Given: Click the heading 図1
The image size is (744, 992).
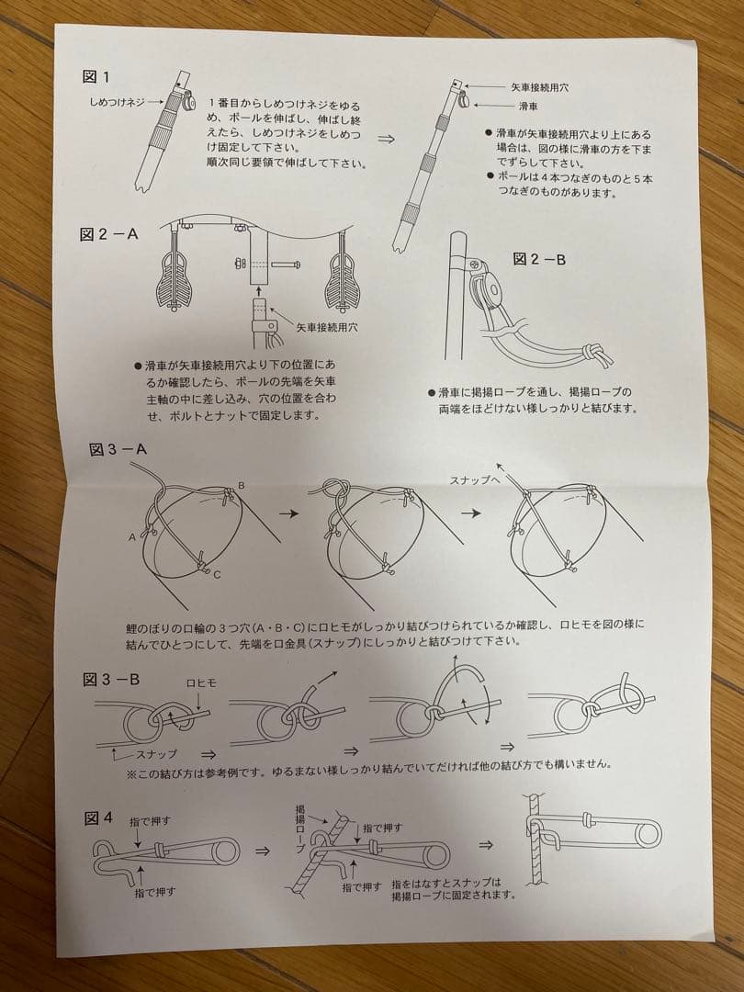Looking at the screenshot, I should tap(96, 76).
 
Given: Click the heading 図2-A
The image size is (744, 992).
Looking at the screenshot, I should tap(108, 234).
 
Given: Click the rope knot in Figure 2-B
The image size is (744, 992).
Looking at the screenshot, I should tap(593, 354).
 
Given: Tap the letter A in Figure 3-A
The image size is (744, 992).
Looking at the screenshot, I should tap(133, 535).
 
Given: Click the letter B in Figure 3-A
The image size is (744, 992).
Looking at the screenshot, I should tap(241, 484).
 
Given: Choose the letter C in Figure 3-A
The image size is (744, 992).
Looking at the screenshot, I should tap(216, 576).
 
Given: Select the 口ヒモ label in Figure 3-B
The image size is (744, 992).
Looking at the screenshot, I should tap(202, 682).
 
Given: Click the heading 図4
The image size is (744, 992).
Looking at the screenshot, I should tap(98, 817).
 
